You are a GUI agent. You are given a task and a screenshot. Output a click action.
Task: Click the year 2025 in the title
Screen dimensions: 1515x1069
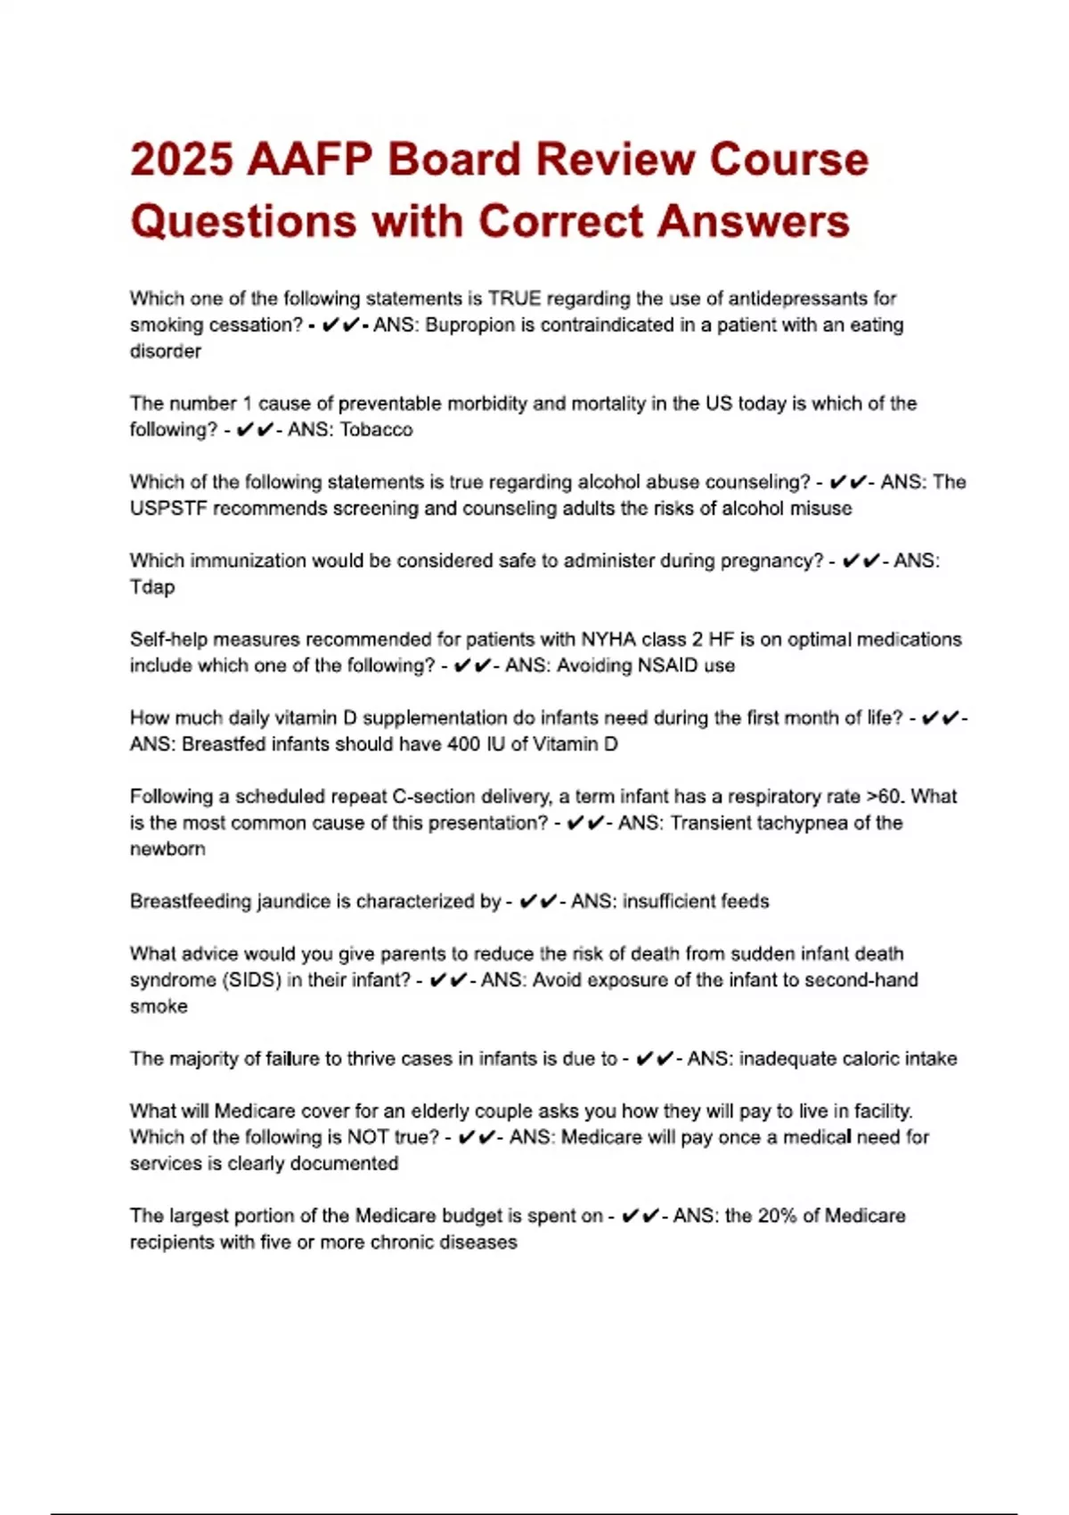tap(182, 160)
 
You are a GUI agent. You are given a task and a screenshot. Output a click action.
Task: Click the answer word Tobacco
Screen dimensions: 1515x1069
tap(377, 430)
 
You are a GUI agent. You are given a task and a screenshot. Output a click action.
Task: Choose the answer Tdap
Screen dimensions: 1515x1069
tap(152, 587)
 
